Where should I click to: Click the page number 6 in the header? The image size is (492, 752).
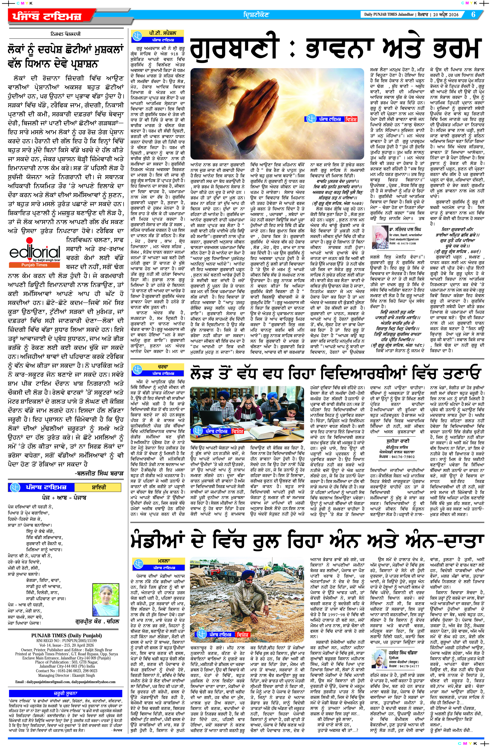point(473,15)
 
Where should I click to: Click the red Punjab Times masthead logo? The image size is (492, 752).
point(47,16)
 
